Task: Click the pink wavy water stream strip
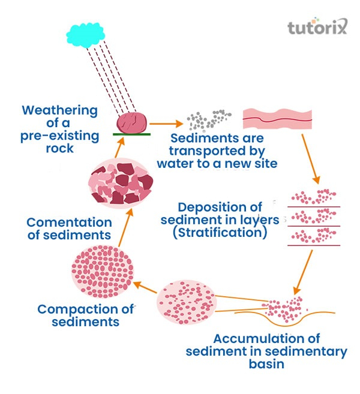click(277, 120)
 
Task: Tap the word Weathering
click(59, 110)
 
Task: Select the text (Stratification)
click(219, 233)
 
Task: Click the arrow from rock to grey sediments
click(166, 124)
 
